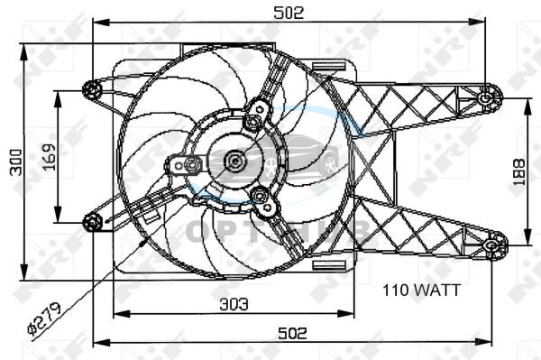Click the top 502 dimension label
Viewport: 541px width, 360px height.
tap(289, 13)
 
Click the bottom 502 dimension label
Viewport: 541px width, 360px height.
tap(292, 334)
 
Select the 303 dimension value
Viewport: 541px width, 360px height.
tap(234, 304)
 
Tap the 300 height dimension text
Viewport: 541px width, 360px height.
tap(16, 162)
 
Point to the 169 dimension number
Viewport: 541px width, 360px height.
tap(49, 157)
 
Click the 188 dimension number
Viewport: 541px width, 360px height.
tap(519, 172)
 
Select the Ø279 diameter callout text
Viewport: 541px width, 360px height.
tap(45, 318)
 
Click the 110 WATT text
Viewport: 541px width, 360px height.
tap(422, 291)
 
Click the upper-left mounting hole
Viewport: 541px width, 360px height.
tap(92, 89)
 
